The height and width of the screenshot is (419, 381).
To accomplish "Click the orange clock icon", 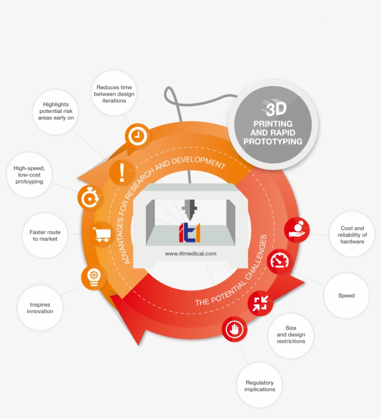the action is coord(138,136).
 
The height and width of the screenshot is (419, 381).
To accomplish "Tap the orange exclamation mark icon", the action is coord(122,173).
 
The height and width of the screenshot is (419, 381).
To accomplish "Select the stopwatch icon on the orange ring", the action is coord(90,198).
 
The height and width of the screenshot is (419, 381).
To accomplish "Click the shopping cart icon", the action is coord(102,234).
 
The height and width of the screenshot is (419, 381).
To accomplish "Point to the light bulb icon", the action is coord(94,277).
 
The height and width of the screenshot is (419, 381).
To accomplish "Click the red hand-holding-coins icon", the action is coord(297,230).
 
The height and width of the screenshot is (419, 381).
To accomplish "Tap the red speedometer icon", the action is coord(280,262).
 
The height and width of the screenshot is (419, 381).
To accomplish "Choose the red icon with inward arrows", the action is coord(260,303).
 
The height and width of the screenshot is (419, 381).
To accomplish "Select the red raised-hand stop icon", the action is coord(235,329).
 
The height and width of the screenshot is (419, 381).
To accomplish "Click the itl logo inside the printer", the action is coord(190,232).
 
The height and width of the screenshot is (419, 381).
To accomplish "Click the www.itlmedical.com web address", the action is coord(190,254).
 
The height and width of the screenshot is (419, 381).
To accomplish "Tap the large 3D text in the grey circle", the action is coord(276,109).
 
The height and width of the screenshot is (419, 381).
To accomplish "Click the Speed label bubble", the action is coord(347,295).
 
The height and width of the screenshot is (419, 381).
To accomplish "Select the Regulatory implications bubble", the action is coord(260,386).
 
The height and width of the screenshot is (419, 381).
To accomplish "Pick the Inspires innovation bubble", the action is coord(40,308).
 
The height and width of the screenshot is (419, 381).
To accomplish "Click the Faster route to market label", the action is coord(45,236).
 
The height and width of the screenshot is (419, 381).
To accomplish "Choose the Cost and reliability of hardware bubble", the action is coord(352,235).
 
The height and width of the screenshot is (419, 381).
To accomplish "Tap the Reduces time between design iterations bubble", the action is coord(114,93).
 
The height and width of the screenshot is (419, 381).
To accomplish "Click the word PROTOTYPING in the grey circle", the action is coord(273,141).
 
